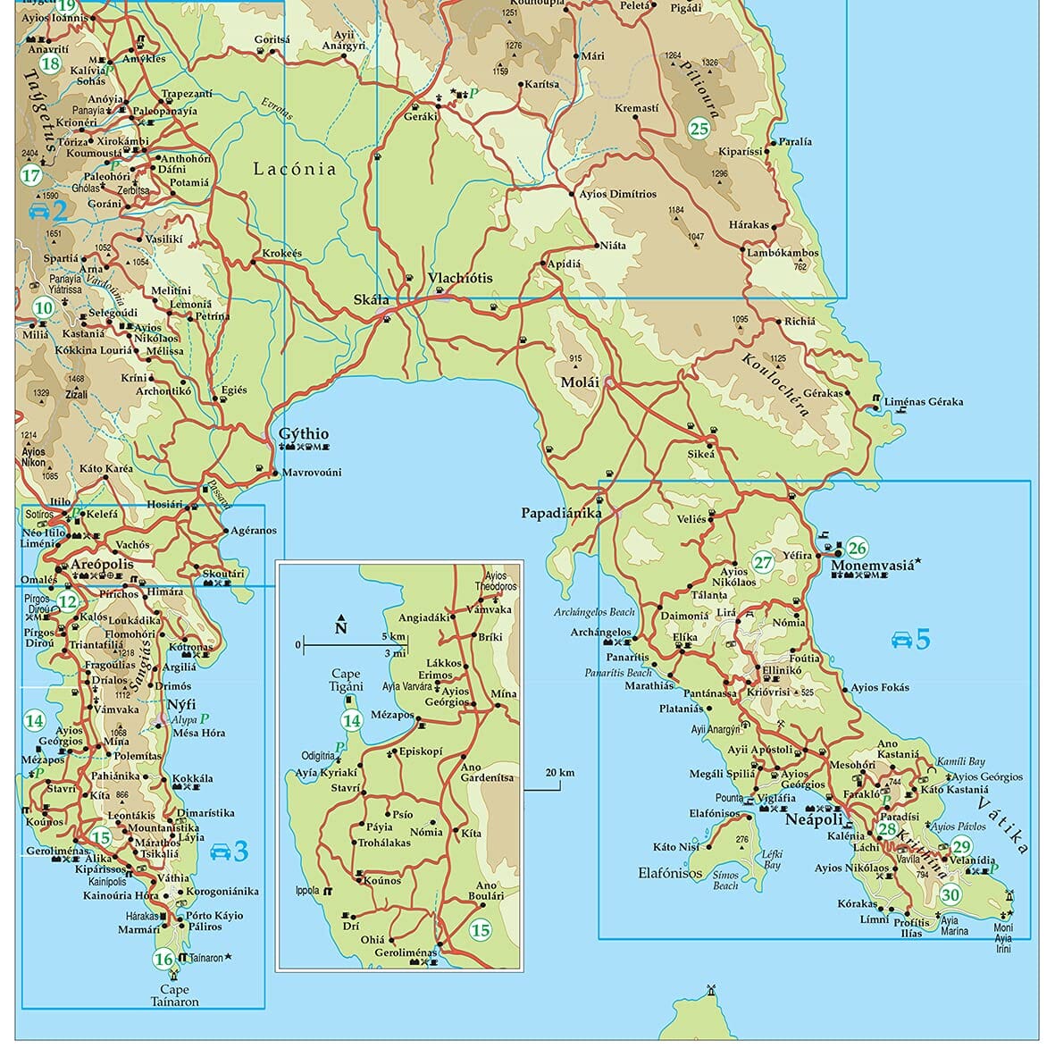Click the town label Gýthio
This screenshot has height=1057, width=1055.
pyautogui.click(x=304, y=433)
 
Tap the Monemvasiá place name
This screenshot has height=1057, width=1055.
pyautogui.click(x=873, y=566)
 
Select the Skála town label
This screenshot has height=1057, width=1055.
pyautogui.click(x=373, y=299)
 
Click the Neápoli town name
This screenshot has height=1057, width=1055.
pyautogui.click(x=813, y=819)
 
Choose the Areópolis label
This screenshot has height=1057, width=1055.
pyautogui.click(x=101, y=565)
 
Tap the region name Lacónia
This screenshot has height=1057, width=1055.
pyautogui.click(x=295, y=169)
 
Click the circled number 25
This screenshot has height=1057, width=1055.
pyautogui.click(x=699, y=129)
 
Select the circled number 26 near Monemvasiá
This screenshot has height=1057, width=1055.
pyautogui.click(x=857, y=548)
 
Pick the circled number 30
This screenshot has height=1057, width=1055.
pyautogui.click(x=950, y=894)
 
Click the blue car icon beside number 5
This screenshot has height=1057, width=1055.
pyautogui.click(x=901, y=639)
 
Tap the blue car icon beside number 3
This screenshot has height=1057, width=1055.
pyautogui.click(x=218, y=852)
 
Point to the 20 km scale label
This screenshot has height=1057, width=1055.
pyautogui.click(x=559, y=773)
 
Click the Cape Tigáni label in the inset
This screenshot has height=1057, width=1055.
pyautogui.click(x=346, y=680)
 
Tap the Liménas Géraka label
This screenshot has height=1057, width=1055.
pyautogui.click(x=924, y=402)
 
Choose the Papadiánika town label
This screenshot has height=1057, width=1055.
pyautogui.click(x=560, y=513)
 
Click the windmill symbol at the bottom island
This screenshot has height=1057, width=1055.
pyautogui.click(x=712, y=990)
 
